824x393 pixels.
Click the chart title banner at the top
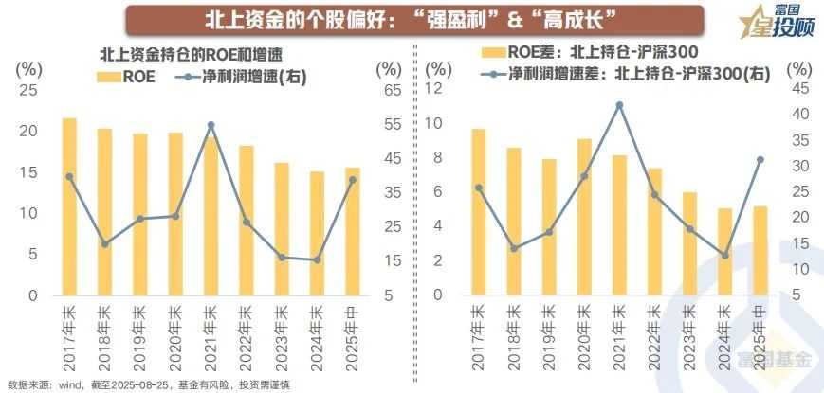tap(412, 19)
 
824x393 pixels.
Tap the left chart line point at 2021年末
tap(211, 125)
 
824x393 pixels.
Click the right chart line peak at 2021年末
tap(619, 105)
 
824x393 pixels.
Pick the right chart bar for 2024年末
tap(724, 251)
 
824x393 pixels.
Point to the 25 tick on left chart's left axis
tap(28, 90)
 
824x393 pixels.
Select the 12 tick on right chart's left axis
tap(435, 88)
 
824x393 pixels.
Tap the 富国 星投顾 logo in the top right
tap(775, 22)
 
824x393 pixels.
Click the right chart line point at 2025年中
tap(760, 159)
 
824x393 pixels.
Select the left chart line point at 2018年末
tap(104, 243)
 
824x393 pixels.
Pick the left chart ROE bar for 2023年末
tap(282, 228)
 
